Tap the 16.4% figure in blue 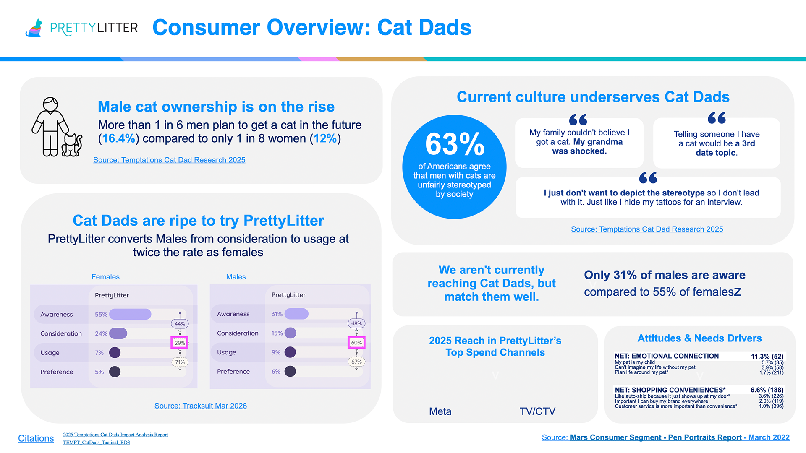118,138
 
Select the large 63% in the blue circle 455,144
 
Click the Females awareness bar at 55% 130,314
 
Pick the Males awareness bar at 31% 296,314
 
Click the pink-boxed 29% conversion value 180,343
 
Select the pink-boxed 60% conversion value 356,342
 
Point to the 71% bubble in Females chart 180,362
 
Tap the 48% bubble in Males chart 356,323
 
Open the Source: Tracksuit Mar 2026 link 201,406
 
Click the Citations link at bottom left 36,438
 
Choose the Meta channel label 440,411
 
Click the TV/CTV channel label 537,411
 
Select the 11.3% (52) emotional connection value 767,356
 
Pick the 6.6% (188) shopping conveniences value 767,390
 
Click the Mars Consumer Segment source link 666,437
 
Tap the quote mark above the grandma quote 578,120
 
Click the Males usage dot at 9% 290,352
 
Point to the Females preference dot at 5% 115,372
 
